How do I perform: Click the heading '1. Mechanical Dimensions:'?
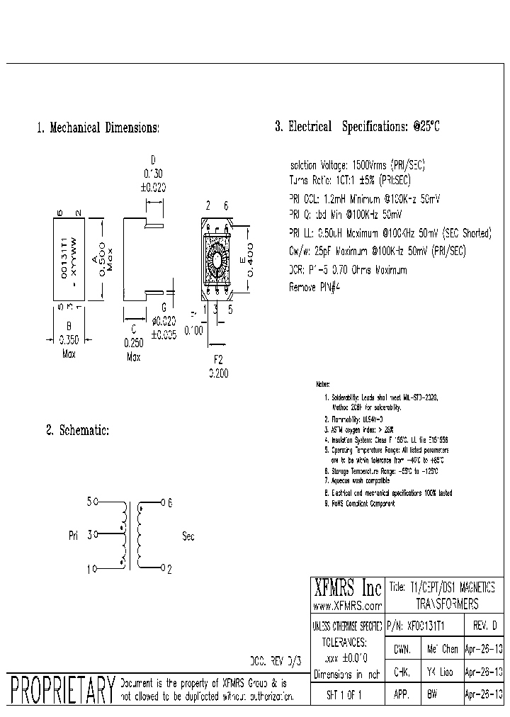98,128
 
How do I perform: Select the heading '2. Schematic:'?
77,430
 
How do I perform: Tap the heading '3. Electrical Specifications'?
358,128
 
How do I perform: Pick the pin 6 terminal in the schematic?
163,502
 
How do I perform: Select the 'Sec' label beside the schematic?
188,536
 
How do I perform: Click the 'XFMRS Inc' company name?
347,588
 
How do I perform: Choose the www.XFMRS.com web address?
347,606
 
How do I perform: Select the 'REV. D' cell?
484,626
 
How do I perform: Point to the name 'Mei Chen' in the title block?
443,648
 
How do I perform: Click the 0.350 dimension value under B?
69,339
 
